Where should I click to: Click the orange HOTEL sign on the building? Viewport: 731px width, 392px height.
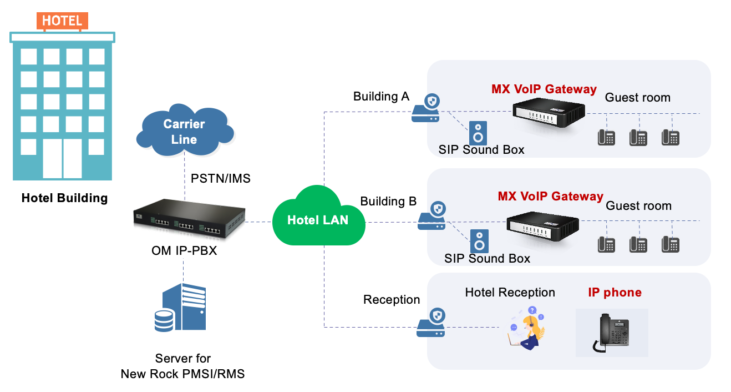(62, 21)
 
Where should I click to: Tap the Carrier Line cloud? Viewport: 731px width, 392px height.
(184, 132)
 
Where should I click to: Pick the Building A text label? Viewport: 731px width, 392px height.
(381, 97)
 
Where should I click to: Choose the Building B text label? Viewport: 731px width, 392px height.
(388, 202)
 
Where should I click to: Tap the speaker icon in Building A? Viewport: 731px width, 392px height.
(478, 133)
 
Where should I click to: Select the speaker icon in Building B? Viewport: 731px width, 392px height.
(479, 241)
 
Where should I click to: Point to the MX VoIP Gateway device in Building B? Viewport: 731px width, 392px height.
(543, 224)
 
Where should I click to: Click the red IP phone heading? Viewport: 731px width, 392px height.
(615, 293)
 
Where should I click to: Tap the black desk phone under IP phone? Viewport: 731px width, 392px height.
(612, 333)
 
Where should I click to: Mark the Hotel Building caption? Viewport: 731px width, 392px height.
(64, 198)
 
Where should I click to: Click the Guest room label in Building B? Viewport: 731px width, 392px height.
(638, 206)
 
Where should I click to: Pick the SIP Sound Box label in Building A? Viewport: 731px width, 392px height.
(481, 149)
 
